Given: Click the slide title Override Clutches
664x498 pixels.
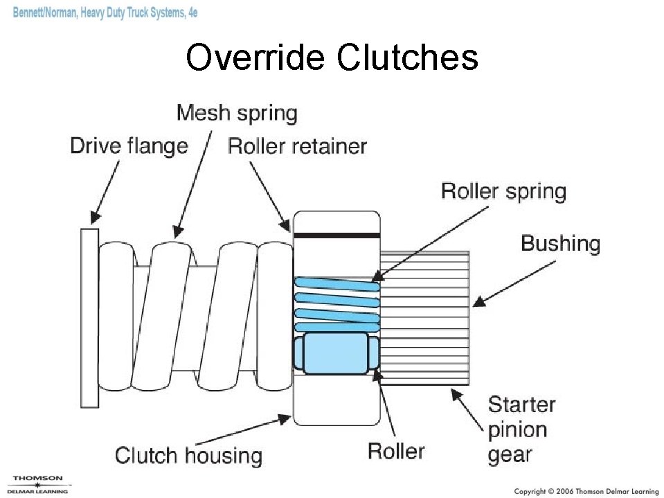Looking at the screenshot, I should click(332, 57).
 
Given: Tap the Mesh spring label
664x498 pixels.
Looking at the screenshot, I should click(236, 112).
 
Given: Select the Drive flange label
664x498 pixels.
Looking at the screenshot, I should click(129, 145).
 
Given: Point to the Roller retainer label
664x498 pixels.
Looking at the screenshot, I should click(297, 145).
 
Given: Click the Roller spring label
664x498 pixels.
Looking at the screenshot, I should click(503, 191).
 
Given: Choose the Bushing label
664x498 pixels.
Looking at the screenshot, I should click(560, 243).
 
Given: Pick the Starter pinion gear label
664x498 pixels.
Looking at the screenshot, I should click(521, 429).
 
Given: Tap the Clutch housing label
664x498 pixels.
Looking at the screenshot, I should click(188, 455).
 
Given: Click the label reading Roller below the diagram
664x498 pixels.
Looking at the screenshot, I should click(395, 451).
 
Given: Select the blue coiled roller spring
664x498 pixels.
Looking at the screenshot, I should click(337, 303).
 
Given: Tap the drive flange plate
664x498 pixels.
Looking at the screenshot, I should click(89, 317).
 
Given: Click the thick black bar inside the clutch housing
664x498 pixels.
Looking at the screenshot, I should click(337, 235).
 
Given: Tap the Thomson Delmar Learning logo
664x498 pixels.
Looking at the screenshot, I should click(37, 484).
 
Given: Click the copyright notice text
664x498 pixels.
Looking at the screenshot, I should click(585, 491).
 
